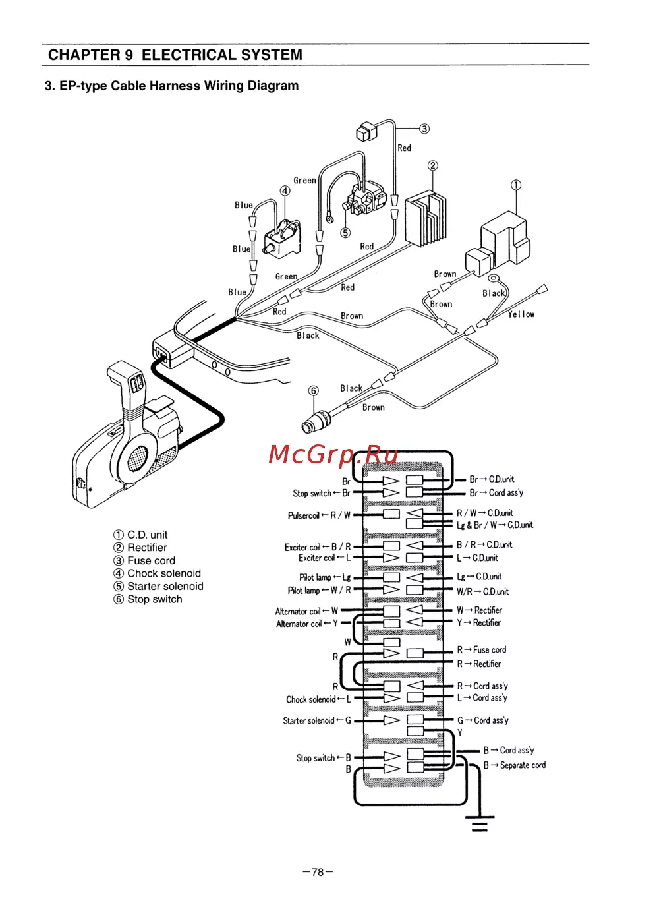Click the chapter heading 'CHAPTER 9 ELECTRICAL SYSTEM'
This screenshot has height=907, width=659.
[x=175, y=55]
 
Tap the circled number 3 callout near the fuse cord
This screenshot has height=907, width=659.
[x=424, y=129]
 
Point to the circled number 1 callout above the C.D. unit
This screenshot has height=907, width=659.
[x=516, y=185]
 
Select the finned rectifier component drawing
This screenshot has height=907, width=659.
[x=426, y=218]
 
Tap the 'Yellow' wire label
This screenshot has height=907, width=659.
[x=521, y=314]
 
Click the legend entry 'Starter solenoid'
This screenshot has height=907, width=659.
[x=165, y=586]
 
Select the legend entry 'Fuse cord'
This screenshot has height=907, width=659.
[x=151, y=560]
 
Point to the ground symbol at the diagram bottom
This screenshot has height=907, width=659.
[x=480, y=823]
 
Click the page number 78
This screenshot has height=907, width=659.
[x=318, y=872]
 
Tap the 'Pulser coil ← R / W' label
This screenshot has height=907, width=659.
[x=319, y=515]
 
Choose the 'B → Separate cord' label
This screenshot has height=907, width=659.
[x=514, y=765]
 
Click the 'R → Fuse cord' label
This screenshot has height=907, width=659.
[x=482, y=650]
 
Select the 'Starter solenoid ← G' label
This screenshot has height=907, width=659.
[x=317, y=720]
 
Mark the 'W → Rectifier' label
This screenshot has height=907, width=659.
[x=479, y=610]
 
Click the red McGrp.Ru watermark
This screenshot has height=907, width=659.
[x=333, y=454]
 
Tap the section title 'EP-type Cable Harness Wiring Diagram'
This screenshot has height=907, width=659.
[x=171, y=86]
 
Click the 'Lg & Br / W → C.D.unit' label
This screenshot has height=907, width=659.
[x=495, y=525]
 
